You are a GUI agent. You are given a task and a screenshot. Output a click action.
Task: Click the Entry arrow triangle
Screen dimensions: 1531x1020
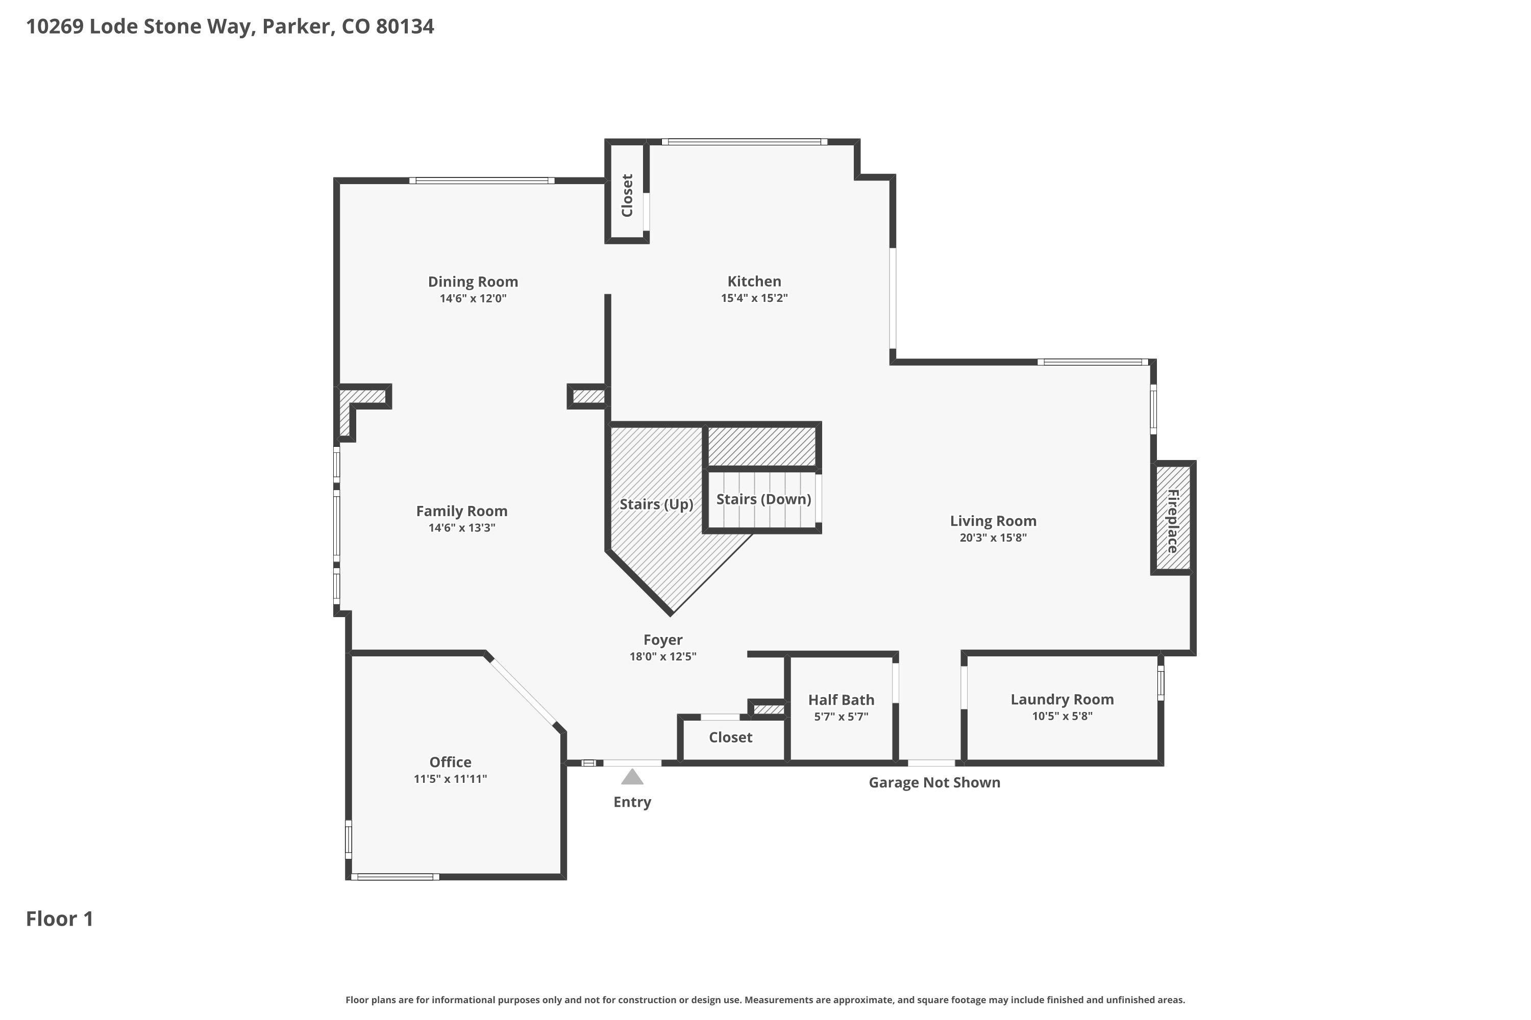(x=632, y=777)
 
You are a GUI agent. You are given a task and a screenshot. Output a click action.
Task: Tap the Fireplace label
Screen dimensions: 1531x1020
(x=1172, y=521)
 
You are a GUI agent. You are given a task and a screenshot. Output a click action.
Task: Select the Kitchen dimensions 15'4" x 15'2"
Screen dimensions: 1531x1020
(x=754, y=298)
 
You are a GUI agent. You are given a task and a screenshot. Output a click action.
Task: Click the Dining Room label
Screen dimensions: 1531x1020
(x=473, y=282)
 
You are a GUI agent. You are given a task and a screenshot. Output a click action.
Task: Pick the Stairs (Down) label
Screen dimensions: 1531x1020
(x=763, y=499)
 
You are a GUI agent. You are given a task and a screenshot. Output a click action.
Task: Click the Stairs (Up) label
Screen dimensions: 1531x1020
(x=656, y=504)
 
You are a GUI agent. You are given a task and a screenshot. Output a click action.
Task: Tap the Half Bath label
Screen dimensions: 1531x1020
(x=841, y=700)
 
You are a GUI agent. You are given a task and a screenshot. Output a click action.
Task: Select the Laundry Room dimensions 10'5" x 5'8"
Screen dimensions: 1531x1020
(x=1063, y=716)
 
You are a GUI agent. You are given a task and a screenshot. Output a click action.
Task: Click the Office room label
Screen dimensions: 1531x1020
(x=451, y=762)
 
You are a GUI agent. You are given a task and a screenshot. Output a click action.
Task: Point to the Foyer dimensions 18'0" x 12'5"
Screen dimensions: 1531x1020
(x=662, y=656)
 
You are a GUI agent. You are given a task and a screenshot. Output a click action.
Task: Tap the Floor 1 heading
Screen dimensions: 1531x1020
(x=60, y=919)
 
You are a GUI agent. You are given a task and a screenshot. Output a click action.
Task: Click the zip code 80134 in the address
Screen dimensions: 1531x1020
(x=405, y=27)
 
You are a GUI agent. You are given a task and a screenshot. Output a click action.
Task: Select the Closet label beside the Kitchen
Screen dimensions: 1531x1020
(x=627, y=195)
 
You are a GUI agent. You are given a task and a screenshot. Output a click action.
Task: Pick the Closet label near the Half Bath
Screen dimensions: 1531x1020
(x=730, y=737)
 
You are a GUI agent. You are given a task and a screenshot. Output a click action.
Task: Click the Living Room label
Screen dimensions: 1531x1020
(x=993, y=521)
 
